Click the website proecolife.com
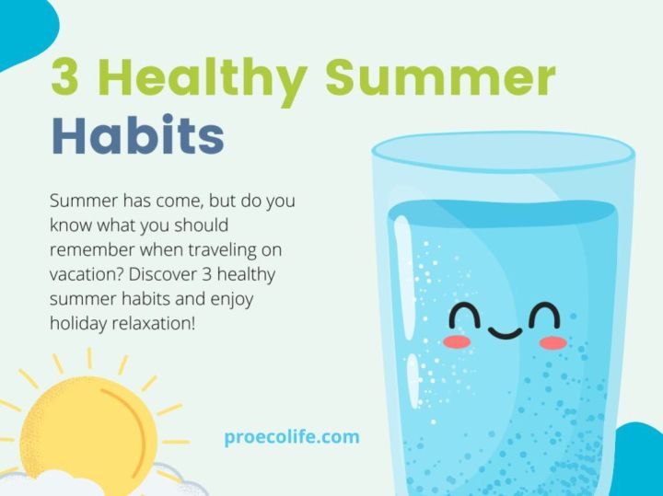pos(292,436)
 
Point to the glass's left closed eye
pos(465,315)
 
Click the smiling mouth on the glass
pos(504,329)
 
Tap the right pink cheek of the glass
pos(552,343)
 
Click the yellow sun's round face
pos(87,429)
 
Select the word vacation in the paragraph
pos(86,274)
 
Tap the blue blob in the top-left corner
pos(23,28)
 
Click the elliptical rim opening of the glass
pos(503,152)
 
